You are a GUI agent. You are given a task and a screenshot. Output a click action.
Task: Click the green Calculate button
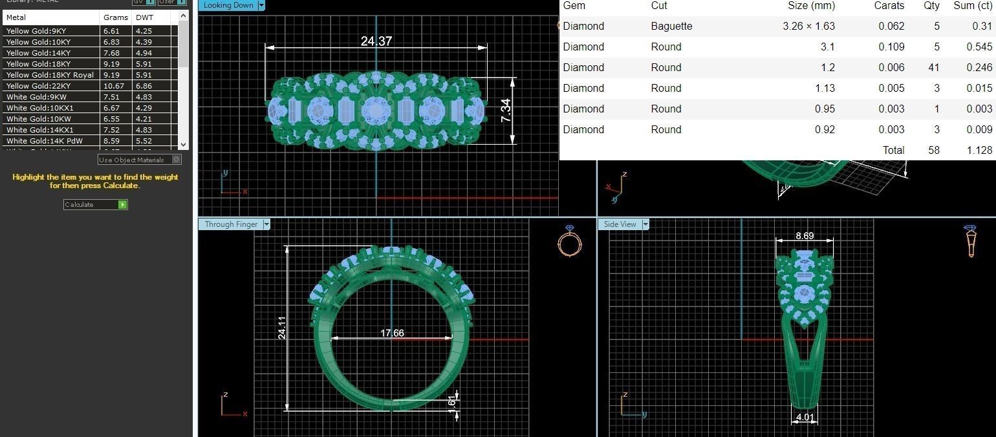123,204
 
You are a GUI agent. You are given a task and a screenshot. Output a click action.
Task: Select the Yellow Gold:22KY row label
38,86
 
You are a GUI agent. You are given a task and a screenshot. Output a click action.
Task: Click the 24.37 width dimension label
376,41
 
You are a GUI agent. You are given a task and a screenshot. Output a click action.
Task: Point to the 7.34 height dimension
506,111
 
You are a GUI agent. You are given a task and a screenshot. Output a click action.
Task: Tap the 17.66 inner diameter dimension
392,333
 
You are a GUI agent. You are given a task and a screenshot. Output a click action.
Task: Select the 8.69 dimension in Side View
805,237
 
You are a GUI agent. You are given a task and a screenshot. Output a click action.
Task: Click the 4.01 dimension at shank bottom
805,417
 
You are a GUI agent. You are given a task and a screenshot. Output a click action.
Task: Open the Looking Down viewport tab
229,5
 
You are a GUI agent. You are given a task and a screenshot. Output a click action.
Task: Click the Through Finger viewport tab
231,224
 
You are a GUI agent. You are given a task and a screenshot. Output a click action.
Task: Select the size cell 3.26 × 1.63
808,27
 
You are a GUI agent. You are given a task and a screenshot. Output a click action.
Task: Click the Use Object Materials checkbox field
177,160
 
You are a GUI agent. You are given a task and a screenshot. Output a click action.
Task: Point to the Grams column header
116,17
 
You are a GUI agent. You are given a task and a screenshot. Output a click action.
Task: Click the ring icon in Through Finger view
569,241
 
